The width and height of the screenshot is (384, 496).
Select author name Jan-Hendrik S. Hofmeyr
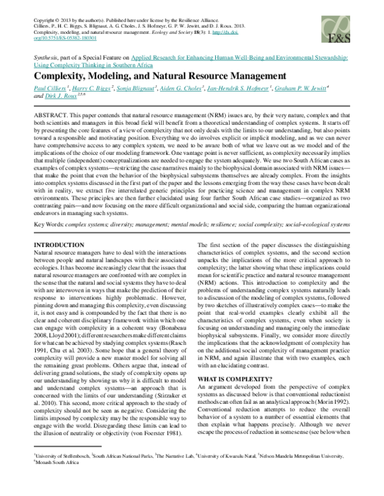coord(243,88)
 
